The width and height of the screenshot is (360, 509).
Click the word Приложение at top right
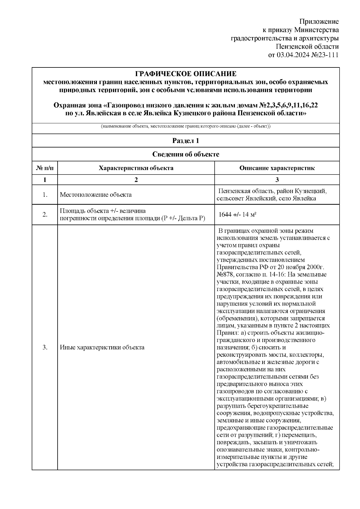point(319,22)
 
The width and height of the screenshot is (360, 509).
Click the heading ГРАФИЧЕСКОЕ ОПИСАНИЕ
point(186,74)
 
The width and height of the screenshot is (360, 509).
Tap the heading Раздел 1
point(186,141)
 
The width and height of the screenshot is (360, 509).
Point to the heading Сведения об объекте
point(186,154)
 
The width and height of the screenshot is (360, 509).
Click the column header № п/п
point(45,168)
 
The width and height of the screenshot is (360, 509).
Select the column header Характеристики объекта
point(136,168)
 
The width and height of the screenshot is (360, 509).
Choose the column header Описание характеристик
point(277,168)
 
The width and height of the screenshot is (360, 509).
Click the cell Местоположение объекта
point(96,195)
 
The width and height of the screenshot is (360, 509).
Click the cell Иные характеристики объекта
point(102,348)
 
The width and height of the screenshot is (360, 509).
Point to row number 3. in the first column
point(45,348)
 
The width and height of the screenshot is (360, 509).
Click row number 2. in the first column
point(45,215)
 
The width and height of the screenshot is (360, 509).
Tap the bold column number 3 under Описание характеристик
point(277,180)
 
